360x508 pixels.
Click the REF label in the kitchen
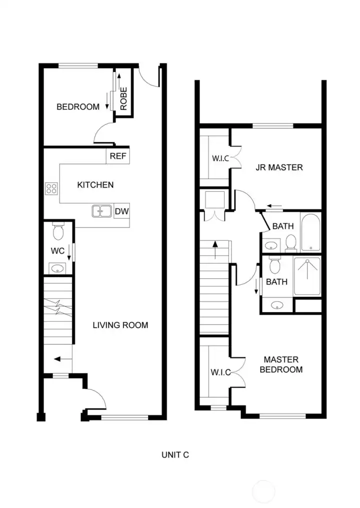(117, 156)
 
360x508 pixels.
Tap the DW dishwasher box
(122, 212)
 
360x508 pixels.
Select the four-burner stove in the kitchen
(51, 188)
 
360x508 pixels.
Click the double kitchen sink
(102, 211)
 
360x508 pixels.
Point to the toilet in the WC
(58, 231)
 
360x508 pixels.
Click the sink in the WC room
(57, 268)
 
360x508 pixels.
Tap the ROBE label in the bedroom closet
(123, 99)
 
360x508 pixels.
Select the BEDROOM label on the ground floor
(78, 107)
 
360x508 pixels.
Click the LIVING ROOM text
(120, 325)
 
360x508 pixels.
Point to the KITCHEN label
(95, 185)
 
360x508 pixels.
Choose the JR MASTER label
(279, 167)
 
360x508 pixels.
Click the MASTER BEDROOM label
(281, 365)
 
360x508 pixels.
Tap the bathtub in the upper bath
(310, 232)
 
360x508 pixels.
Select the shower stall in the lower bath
(307, 276)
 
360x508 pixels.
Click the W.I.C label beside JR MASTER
(220, 158)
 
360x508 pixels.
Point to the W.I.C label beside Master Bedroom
(220, 372)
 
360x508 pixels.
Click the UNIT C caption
(175, 455)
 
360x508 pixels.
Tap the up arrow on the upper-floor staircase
(215, 250)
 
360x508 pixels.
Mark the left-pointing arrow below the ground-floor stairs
(62, 359)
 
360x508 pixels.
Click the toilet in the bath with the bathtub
(291, 243)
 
